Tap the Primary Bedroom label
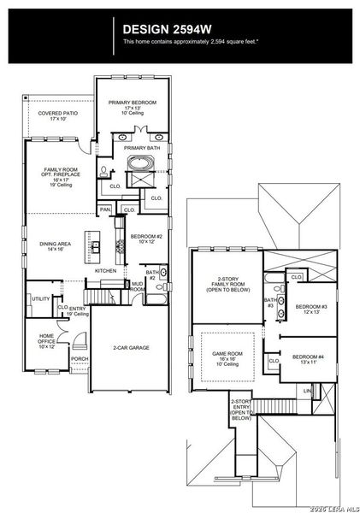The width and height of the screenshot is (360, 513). pyautogui.click(x=131, y=108)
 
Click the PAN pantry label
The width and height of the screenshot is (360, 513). pyautogui.click(x=106, y=209)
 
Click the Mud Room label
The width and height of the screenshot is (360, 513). pyautogui.click(x=137, y=286)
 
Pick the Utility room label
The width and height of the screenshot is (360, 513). pyautogui.click(x=40, y=298)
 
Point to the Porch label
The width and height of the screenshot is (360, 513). pyautogui.click(x=79, y=358)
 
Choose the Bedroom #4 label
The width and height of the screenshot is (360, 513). pyautogui.click(x=307, y=359)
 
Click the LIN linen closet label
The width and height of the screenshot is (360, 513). pyautogui.click(x=307, y=390)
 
